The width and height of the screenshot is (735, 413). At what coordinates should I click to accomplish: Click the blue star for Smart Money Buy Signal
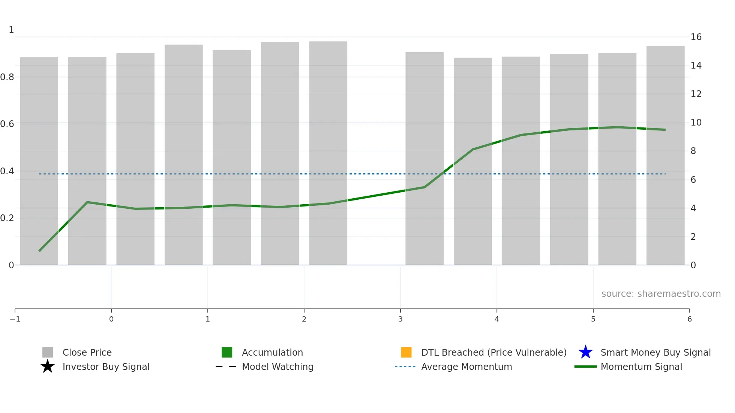[585, 352]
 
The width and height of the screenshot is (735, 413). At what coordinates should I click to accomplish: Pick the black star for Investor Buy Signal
[48, 367]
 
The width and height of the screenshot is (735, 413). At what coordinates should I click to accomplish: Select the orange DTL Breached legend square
[406, 352]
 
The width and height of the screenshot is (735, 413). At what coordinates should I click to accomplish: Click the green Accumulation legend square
[227, 352]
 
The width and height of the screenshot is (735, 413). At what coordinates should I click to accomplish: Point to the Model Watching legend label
[277, 367]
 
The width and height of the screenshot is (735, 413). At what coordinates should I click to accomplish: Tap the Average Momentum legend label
[466, 367]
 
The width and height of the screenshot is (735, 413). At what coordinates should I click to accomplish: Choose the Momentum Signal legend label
[641, 367]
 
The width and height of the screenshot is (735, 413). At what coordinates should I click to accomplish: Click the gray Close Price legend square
[48, 352]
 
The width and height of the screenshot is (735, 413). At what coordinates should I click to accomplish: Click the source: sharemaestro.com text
[661, 293]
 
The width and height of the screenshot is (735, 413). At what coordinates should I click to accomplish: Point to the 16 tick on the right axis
[696, 37]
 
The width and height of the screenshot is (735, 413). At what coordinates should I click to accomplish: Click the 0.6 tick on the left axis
[7, 124]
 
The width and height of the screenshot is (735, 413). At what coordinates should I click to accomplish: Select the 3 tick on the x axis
[400, 319]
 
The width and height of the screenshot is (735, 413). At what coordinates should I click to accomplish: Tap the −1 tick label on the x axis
[15, 319]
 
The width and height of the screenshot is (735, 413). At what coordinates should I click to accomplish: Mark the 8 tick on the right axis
[693, 151]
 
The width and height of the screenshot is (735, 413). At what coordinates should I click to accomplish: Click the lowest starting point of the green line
[39, 251]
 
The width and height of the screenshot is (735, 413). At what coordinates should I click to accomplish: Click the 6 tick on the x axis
[689, 319]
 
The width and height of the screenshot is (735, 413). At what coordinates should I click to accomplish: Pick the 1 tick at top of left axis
[11, 30]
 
